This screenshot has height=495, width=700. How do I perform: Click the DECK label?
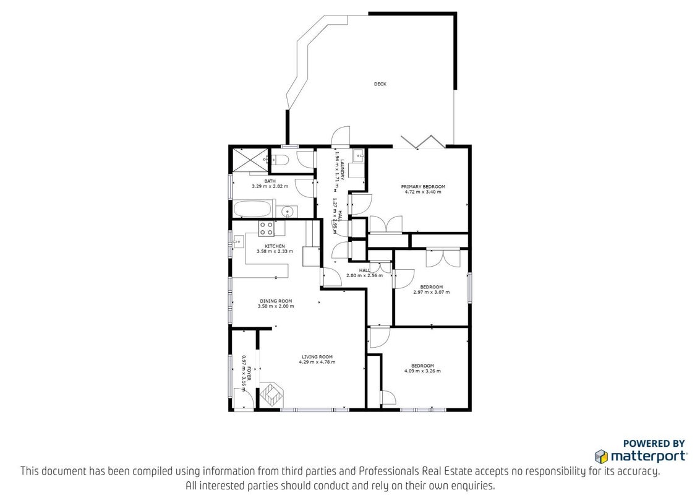coord(380,84)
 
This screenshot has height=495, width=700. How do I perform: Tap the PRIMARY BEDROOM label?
coord(423,187)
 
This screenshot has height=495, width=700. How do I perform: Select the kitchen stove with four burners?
coord(267,229)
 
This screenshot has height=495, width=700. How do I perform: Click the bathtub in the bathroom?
coord(252,209)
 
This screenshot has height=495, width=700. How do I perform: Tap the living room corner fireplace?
coord(271,394)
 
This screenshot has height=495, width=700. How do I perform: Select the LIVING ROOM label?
coord(317,357)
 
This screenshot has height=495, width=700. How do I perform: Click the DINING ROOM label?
coord(276,301)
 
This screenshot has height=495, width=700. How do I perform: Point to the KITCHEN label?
coord(275,246)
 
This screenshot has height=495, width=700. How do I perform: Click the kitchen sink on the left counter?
coord(238,242)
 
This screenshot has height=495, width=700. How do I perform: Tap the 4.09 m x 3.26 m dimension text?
coord(422,371)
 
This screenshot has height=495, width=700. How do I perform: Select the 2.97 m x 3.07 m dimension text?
coord(431,292)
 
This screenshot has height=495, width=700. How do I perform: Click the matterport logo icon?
coord(601,456)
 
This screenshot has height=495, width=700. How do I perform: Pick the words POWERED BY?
coord(654,444)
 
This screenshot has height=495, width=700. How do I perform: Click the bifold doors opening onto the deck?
coord(422,141)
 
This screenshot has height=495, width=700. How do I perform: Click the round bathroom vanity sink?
coord(286,212)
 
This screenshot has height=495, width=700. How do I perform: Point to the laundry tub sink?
coord(359,156)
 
